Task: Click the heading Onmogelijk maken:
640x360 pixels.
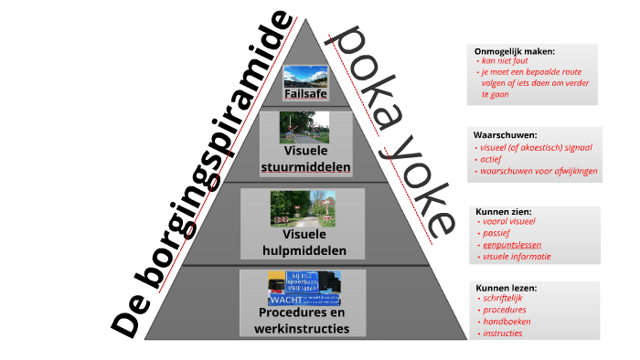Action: pos(514,50)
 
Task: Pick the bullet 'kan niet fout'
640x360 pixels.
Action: pos(507,60)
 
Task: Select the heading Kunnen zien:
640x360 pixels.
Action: pos(504,211)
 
